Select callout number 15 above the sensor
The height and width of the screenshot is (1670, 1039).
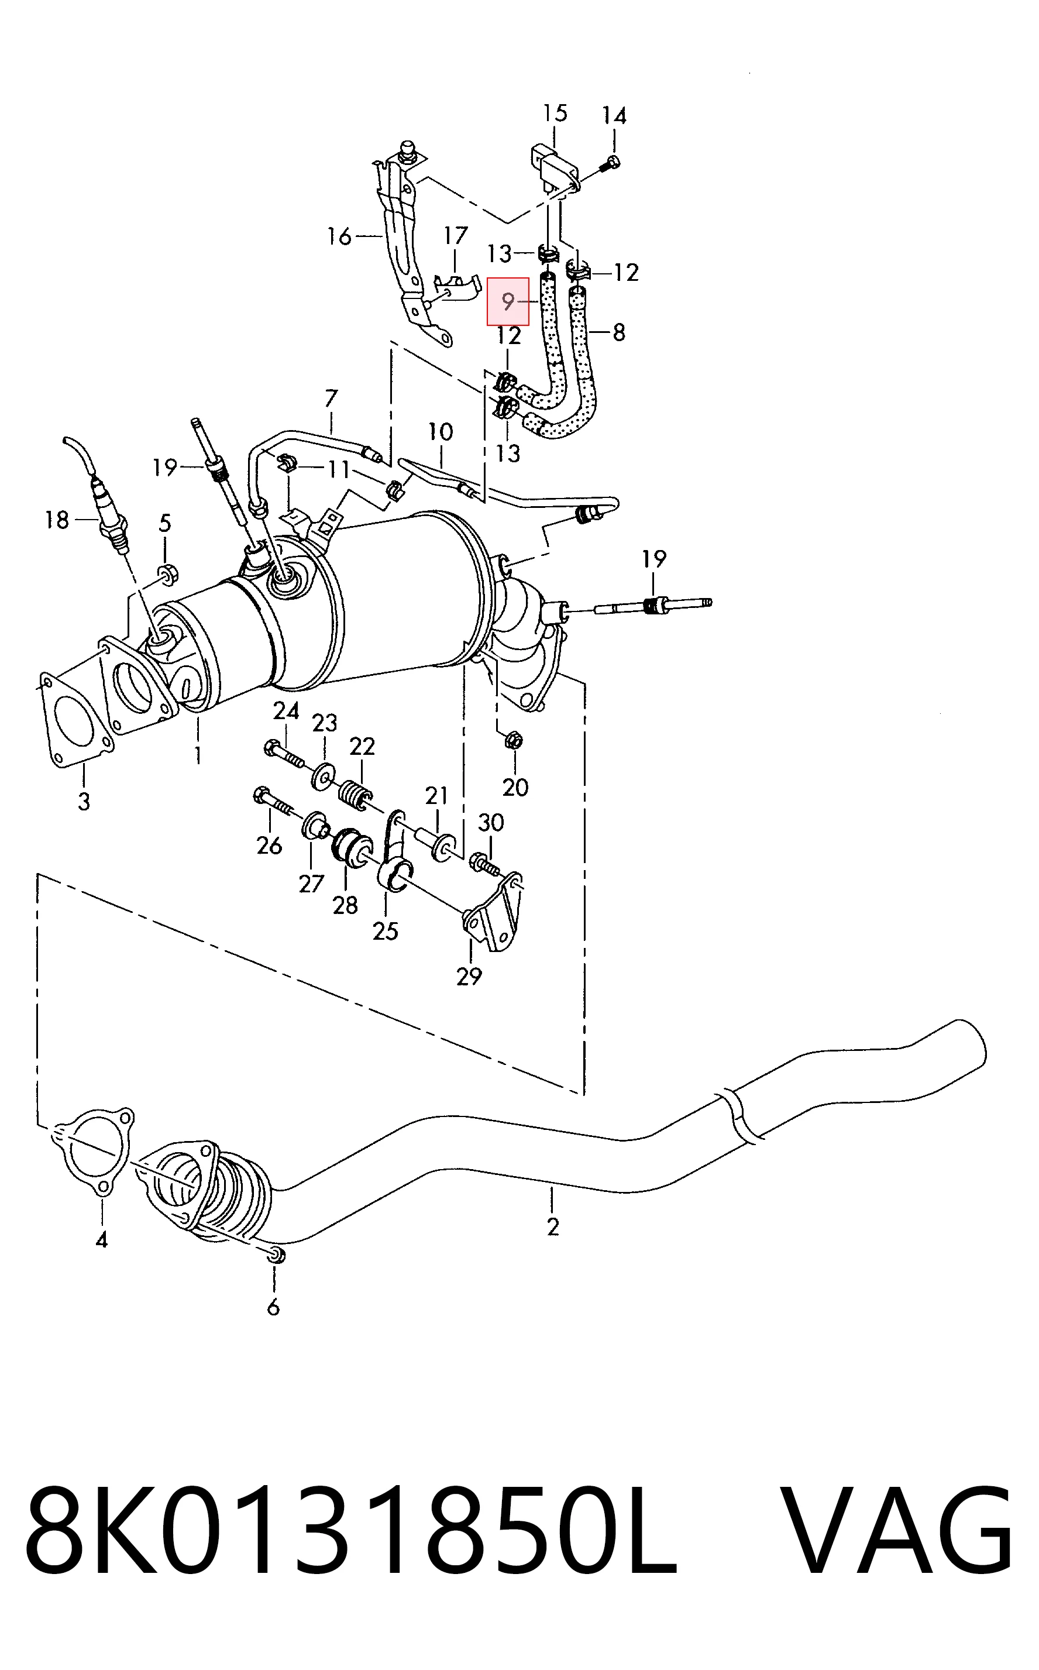pos(555,113)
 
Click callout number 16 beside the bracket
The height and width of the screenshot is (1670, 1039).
pos(339,236)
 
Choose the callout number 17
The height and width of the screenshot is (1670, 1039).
pos(456,236)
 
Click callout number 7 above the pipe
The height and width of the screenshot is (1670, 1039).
pos(331,398)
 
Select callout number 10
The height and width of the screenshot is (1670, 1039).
pos(441,432)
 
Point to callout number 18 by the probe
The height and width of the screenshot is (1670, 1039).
pos(57,520)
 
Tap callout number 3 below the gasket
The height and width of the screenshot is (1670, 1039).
pos(84,800)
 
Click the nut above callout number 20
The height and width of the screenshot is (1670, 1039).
pos(512,740)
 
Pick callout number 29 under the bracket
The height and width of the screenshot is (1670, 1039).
pos(469,976)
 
